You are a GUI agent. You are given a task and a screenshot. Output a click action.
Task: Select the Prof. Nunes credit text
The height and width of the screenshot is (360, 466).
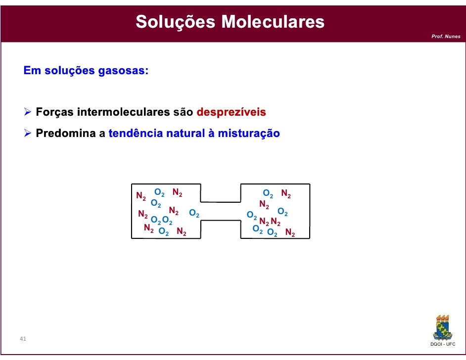pyautogui.click(x=446, y=37)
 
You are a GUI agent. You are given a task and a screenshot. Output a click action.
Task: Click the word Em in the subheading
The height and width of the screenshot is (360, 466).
pyautogui.click(x=32, y=70)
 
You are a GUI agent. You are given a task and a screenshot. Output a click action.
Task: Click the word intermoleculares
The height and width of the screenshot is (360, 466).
pyautogui.click(x=124, y=112)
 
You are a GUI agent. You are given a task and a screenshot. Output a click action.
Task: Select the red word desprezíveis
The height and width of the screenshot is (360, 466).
pyautogui.click(x=231, y=112)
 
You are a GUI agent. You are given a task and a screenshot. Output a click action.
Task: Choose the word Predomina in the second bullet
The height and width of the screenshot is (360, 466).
pyautogui.click(x=66, y=134)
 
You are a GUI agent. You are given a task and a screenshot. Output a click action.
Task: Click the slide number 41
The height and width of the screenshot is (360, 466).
pyautogui.click(x=23, y=339)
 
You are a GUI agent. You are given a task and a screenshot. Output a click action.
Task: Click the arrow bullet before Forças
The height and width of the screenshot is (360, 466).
pyautogui.click(x=28, y=113)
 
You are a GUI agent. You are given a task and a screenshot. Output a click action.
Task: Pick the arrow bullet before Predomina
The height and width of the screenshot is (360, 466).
pyautogui.click(x=28, y=134)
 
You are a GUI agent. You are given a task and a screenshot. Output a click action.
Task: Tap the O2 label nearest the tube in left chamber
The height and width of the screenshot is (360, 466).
pyautogui.click(x=194, y=214)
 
